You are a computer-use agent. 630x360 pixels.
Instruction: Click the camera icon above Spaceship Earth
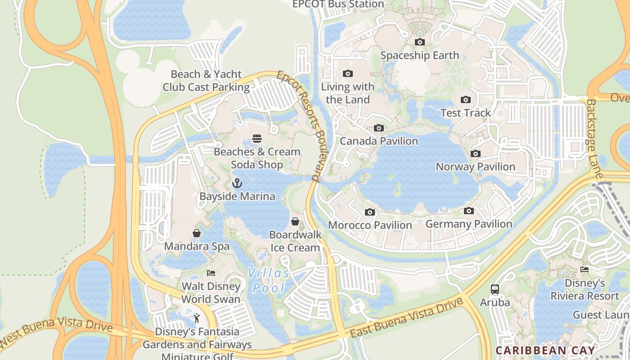419,42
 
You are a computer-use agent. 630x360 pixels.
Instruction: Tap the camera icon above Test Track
466,99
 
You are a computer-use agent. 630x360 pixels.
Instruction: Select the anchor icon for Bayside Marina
237,183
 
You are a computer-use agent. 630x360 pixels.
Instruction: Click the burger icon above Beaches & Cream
257,138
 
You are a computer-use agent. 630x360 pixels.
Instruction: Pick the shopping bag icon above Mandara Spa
197,233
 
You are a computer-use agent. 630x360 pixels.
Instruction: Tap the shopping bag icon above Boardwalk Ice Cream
295,221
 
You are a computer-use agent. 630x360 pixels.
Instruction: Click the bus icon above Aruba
495,289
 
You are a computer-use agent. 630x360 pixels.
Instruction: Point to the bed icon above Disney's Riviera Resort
585,270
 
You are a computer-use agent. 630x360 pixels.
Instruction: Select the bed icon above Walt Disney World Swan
211,273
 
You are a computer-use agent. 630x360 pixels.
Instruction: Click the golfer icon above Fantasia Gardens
197,318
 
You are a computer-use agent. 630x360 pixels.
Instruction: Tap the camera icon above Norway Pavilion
475,153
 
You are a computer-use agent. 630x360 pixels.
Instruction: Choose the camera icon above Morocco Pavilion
370,212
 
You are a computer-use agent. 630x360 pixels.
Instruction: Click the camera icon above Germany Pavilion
468,211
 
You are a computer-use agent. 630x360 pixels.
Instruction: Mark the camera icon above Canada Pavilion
379,128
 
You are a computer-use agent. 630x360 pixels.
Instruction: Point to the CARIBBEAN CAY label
545,350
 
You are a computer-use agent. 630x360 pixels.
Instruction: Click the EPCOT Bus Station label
338,4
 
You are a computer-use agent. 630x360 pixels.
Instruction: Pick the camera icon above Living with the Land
347,73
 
